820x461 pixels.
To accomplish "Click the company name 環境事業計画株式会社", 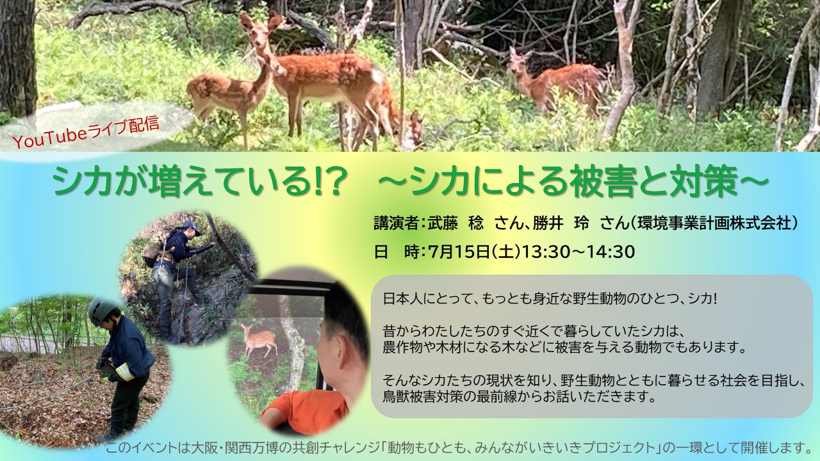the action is (x=716, y=223).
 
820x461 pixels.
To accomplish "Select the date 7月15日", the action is (x=458, y=252).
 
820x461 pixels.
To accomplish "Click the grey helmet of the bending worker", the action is (x=101, y=311).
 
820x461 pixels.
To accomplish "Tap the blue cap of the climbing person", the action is (x=192, y=227).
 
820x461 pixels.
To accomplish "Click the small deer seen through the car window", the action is (x=259, y=339).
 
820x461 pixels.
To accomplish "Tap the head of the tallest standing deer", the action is (x=262, y=31).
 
